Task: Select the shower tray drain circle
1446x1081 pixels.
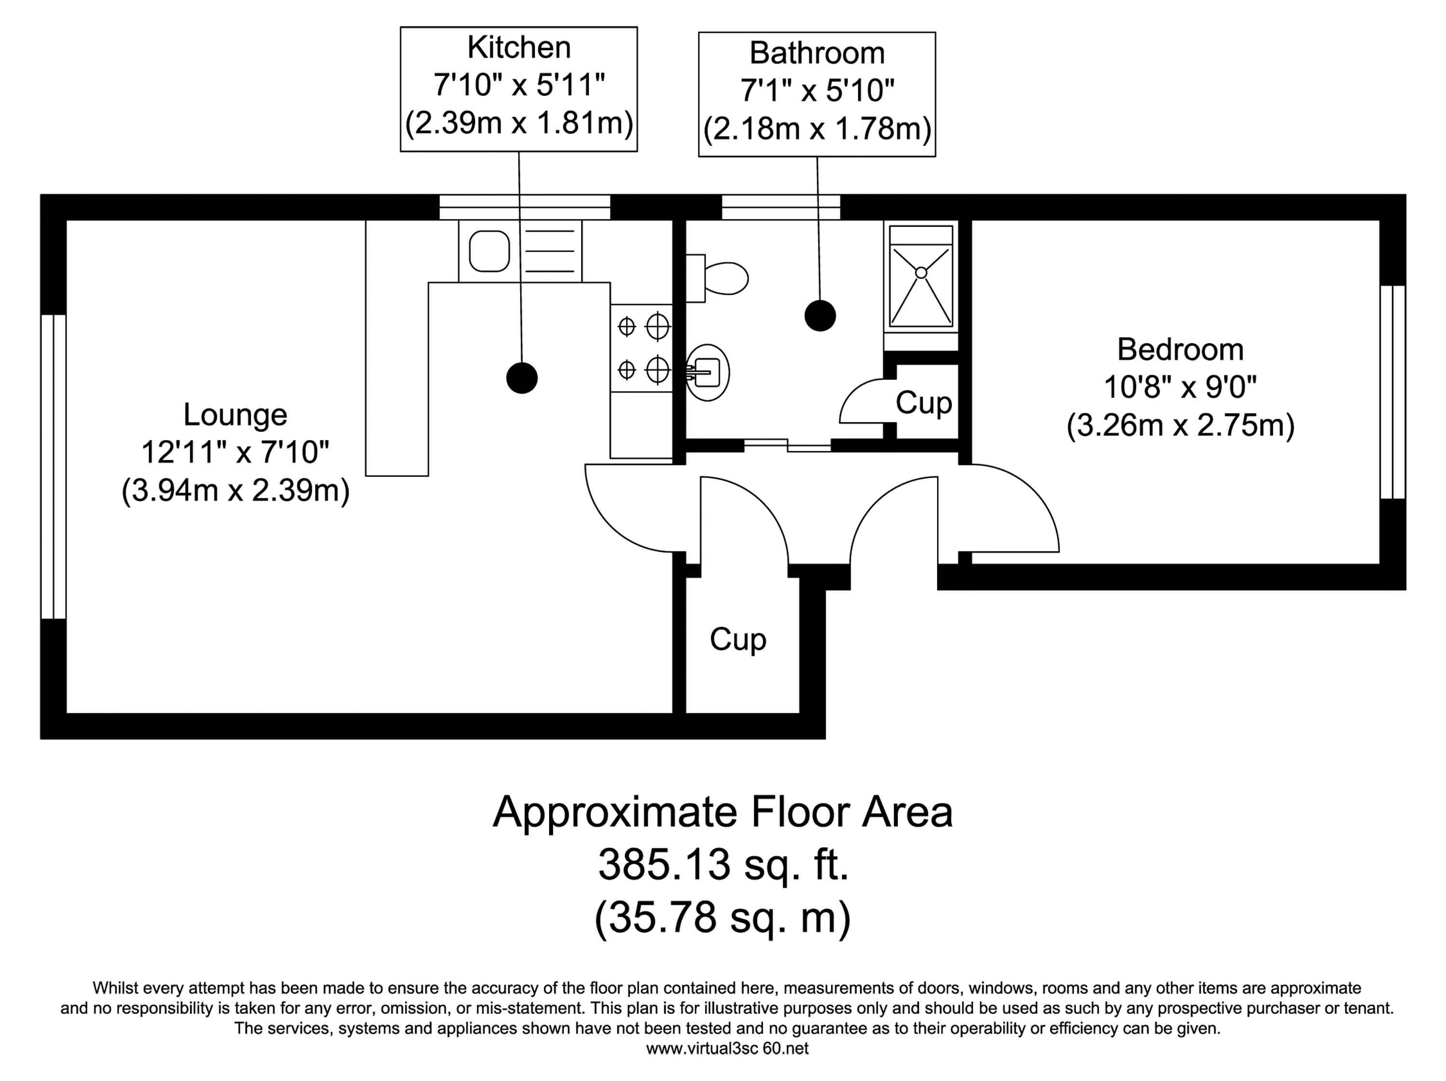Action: [921, 272]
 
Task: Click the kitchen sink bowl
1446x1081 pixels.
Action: [489, 251]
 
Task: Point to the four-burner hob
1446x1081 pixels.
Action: [641, 348]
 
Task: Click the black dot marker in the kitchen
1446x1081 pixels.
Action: [522, 378]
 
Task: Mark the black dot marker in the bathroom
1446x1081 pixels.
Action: [820, 316]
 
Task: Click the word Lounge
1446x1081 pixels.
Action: [235, 414]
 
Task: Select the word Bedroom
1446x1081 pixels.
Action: [1180, 350]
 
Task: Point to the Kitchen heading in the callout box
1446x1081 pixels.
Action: [519, 48]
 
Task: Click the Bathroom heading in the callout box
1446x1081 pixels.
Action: [817, 53]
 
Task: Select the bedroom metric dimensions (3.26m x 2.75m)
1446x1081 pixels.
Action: [1180, 426]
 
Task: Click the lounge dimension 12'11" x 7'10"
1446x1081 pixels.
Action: [235, 452]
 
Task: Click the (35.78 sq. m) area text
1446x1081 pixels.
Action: [723, 917]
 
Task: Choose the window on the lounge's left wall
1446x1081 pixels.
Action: [54, 467]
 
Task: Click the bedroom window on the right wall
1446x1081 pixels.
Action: [1392, 392]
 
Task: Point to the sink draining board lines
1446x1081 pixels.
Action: [550, 251]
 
